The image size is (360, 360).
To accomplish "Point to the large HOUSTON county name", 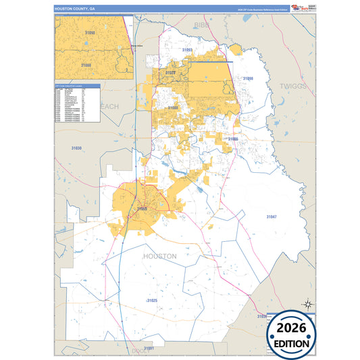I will point(159,257).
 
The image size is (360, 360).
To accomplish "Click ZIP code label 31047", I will point(272,216).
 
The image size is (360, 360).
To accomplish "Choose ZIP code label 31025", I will point(151,299).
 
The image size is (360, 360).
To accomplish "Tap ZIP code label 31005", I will point(233,138).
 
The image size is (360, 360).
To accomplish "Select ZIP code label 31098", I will point(248,79).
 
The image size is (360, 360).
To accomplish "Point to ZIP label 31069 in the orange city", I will point(142,209).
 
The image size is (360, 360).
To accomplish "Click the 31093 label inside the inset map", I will point(91,32).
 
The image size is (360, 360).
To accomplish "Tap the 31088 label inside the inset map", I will point(86,65).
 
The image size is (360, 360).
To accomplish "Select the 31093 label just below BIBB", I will point(188,50).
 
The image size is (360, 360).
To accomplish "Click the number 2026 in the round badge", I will point(292,328).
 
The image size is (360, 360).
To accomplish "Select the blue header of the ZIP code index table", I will point(78,86).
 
